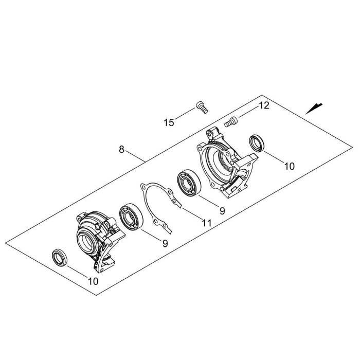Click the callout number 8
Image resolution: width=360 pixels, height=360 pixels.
click(x=121, y=150)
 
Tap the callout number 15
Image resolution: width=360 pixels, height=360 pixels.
click(x=169, y=122)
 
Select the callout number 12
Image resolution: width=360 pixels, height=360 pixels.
click(x=264, y=105)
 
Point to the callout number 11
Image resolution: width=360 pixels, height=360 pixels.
click(x=207, y=223)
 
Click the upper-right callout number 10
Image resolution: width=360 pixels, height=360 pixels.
click(x=289, y=166)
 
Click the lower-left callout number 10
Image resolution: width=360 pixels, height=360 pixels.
click(x=93, y=281)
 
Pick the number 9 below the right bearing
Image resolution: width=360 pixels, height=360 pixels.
click(x=222, y=211)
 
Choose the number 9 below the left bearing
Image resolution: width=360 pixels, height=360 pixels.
click(x=165, y=243)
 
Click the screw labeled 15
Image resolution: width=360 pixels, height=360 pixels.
click(x=202, y=107)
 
